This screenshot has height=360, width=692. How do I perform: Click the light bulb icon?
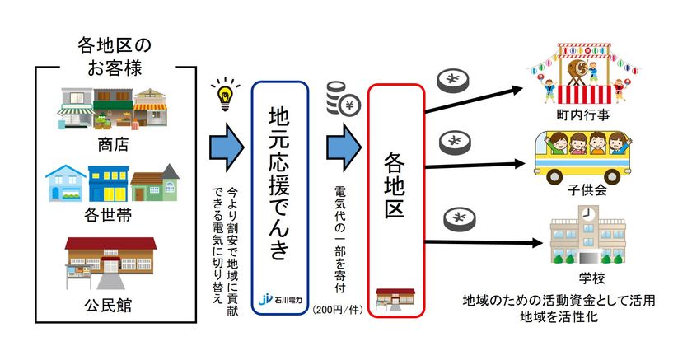pyautogui.click(x=226, y=95)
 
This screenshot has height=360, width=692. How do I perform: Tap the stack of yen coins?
pyautogui.click(x=343, y=98)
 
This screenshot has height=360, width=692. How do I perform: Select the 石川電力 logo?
pyautogui.click(x=280, y=300)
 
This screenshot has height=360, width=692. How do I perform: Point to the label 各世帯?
pyautogui.click(x=108, y=215)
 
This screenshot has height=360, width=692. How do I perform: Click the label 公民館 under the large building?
pyautogui.click(x=108, y=305)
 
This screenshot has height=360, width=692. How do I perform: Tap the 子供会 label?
pyautogui.click(x=587, y=190)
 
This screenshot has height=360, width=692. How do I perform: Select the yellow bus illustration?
pyautogui.click(x=582, y=157)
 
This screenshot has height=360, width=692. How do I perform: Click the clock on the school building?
pyautogui.click(x=587, y=213)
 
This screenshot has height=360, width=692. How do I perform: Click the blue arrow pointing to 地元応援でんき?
pyautogui.click(x=227, y=147)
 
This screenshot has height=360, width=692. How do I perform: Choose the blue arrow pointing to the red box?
pyautogui.click(x=344, y=147)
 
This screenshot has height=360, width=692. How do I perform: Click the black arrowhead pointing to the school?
pyautogui.click(x=536, y=243)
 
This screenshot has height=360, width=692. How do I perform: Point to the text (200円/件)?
pyautogui.click(x=338, y=310)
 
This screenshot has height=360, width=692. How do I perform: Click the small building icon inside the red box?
pyautogui.click(x=395, y=299)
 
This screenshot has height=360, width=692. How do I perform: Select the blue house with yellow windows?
pyautogui.click(x=108, y=184)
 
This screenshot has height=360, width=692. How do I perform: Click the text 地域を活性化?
pyautogui.click(x=559, y=316)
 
